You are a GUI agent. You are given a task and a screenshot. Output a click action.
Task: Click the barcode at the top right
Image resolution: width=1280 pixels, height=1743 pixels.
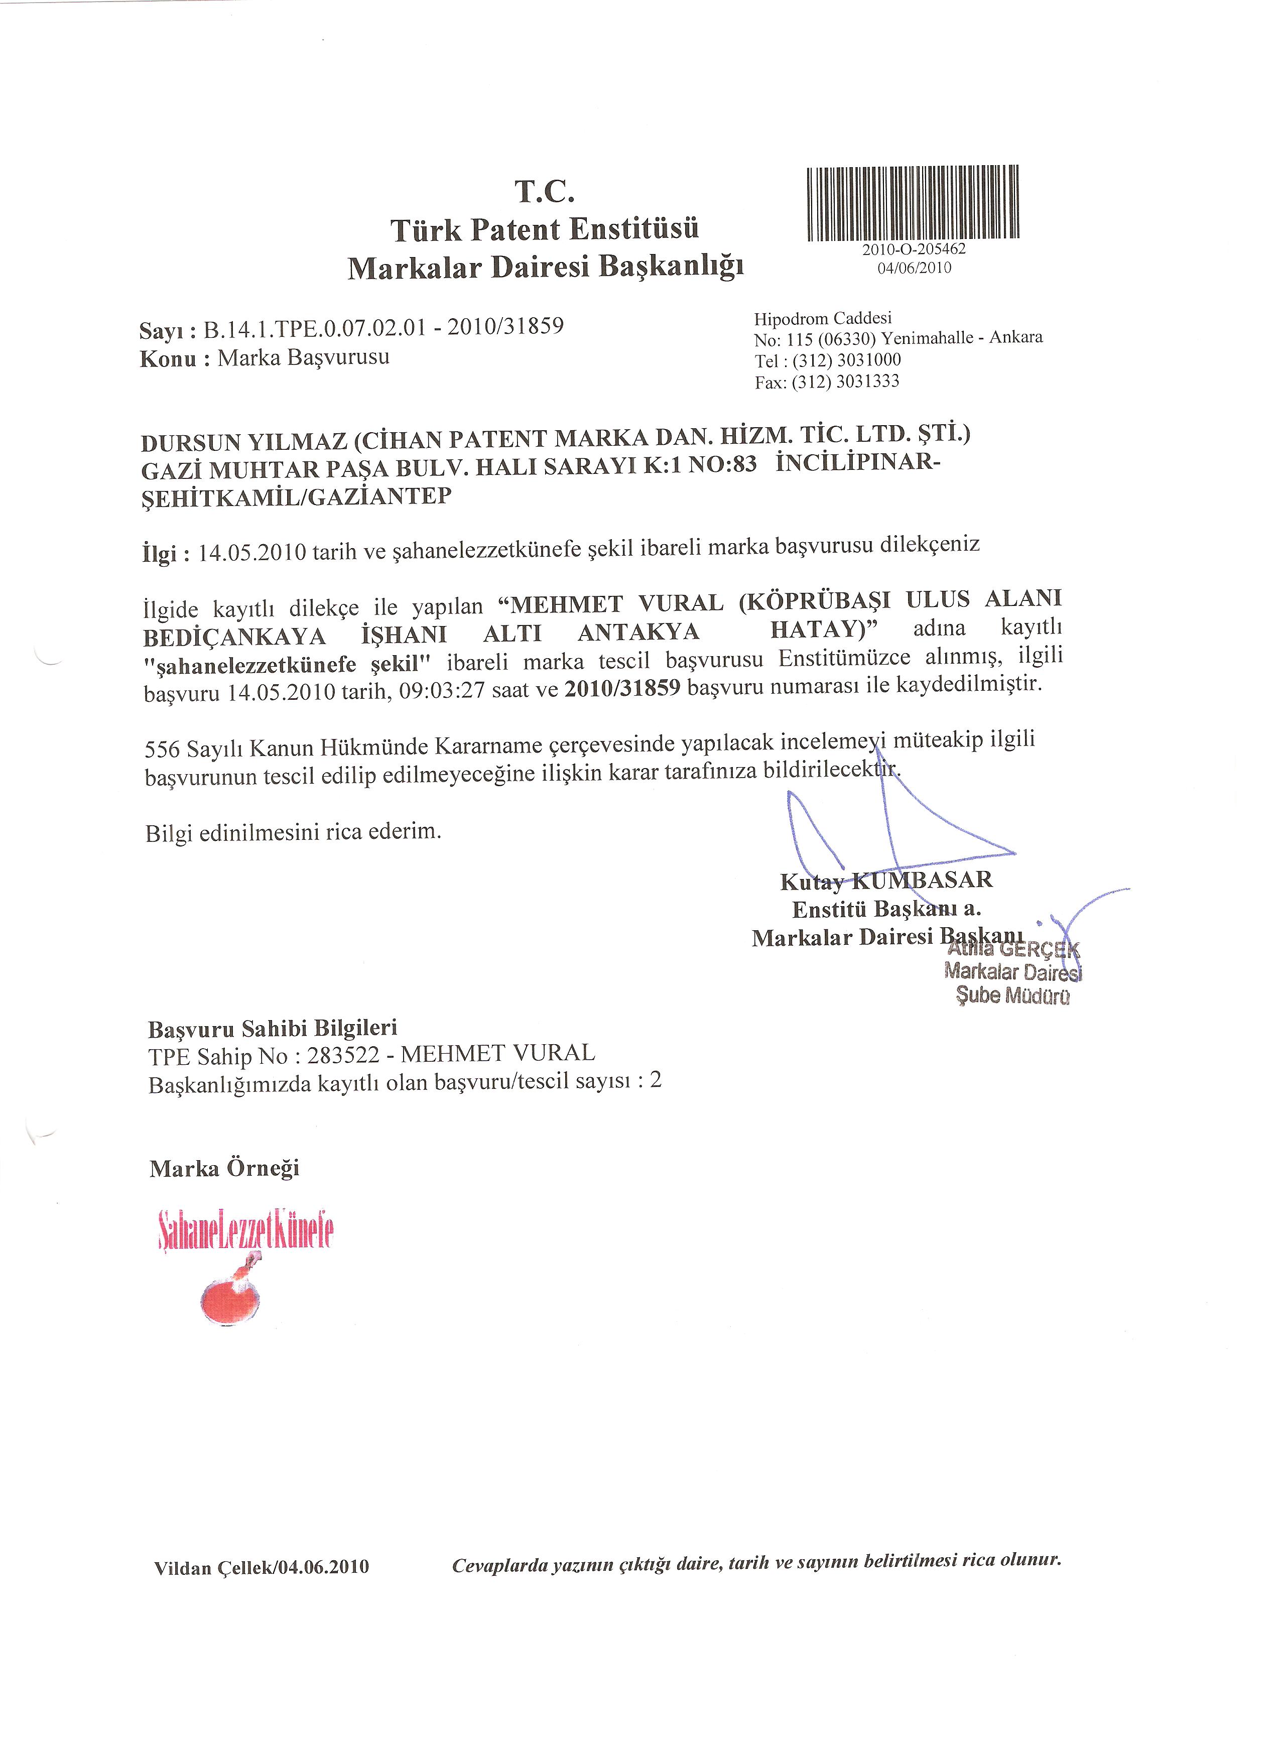point(913,203)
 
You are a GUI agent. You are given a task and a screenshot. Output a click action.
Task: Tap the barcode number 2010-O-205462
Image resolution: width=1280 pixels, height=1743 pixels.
point(914,251)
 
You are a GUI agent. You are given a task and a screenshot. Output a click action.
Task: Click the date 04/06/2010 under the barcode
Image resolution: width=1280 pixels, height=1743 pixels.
point(914,268)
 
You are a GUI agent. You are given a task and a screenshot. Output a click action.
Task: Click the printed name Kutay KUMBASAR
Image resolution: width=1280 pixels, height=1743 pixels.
point(885,881)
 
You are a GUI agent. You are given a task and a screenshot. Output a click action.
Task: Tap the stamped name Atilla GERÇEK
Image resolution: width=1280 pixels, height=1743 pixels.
point(1013,949)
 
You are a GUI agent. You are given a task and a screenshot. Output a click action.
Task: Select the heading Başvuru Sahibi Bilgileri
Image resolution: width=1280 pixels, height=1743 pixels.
point(273,1029)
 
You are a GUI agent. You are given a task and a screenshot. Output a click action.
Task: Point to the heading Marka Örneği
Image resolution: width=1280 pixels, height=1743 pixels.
point(225,1168)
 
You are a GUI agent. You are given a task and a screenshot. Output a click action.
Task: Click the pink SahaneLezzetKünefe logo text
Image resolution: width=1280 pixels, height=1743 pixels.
point(245,1231)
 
